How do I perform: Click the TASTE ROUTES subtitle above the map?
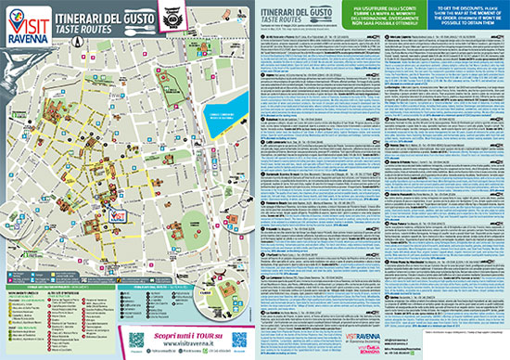pos(92,29)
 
